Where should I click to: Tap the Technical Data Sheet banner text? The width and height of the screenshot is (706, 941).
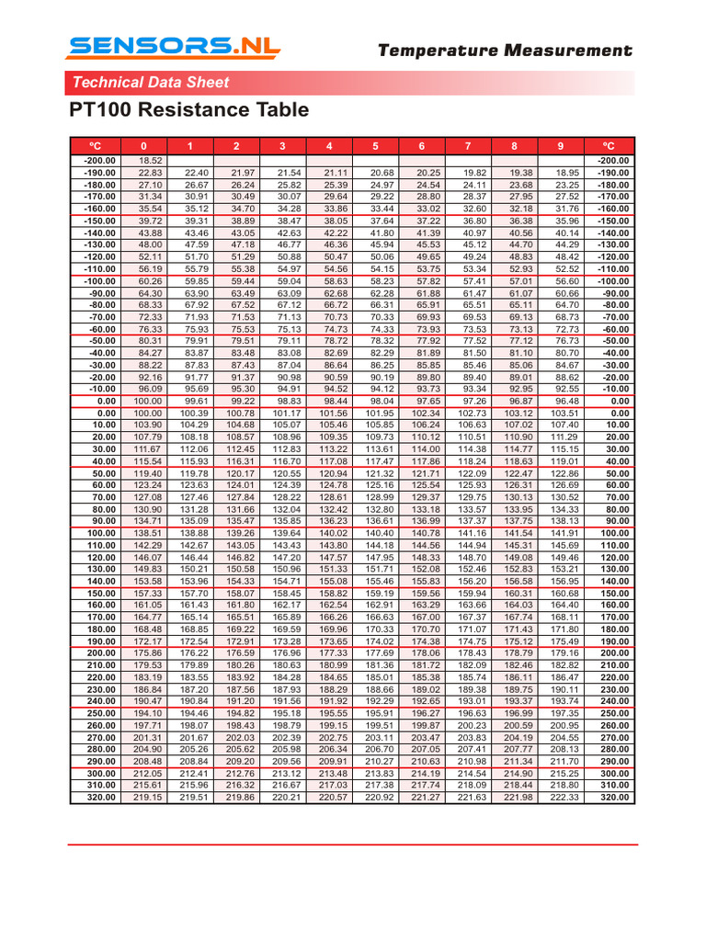(151, 83)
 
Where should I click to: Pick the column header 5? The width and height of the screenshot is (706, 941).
(375, 146)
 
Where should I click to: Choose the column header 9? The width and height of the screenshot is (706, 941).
(561, 146)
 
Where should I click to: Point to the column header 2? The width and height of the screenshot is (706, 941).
(236, 146)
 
